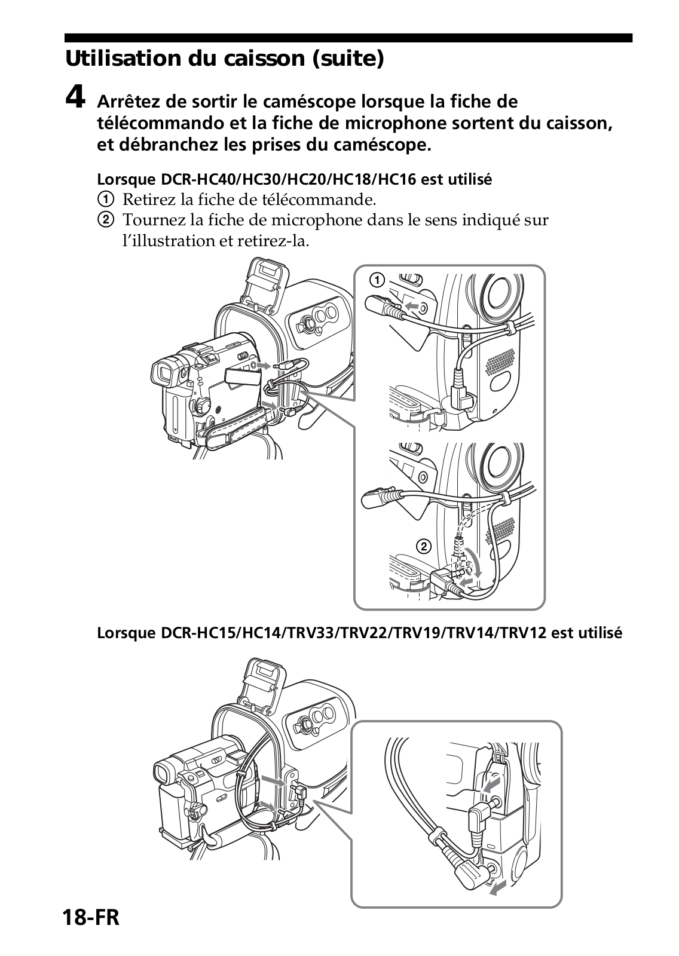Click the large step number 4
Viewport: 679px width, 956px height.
[75, 97]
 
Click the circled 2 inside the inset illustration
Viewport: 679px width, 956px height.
[423, 546]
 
